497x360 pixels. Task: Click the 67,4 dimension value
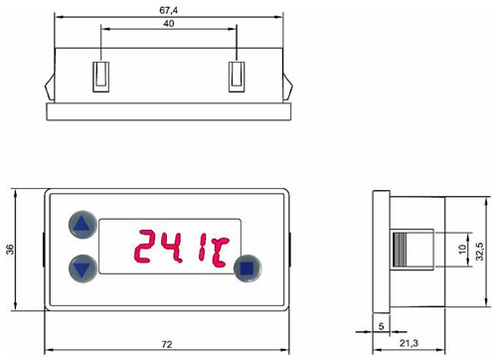coord(168,10)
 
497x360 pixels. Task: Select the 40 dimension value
coord(169,24)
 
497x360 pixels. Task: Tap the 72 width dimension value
coord(167,345)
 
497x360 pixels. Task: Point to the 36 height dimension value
coord(11,250)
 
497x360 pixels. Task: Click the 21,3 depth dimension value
coord(409,343)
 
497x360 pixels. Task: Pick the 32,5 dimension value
coord(480,252)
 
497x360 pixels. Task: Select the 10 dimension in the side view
coord(462,249)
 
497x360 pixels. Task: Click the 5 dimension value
coord(381,326)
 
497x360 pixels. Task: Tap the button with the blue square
coord(248,269)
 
